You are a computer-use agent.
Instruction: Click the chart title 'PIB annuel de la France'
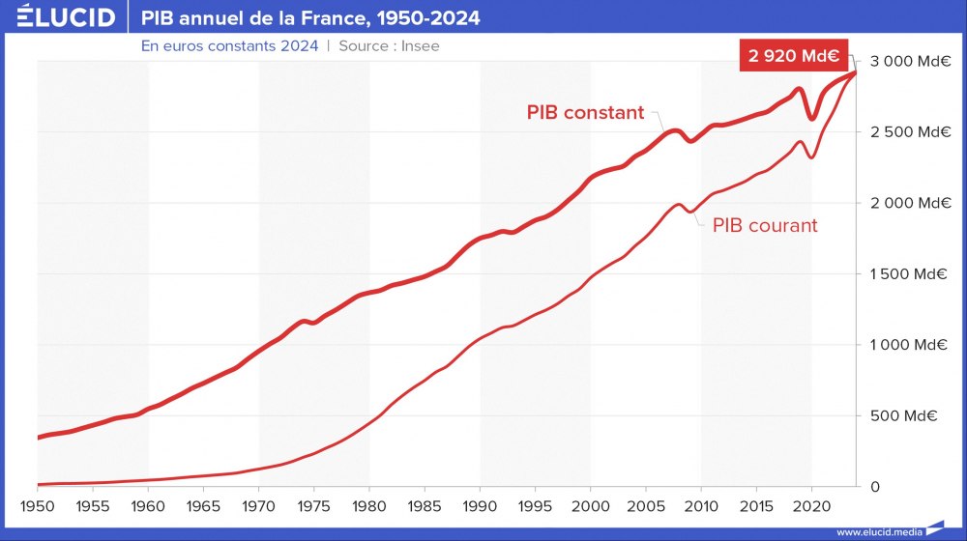click(309, 18)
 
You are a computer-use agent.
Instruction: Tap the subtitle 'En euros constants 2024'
click(229, 45)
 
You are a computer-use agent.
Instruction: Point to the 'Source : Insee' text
click(389, 45)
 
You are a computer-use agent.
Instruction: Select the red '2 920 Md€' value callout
click(792, 55)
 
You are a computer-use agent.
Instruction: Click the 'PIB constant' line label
click(585, 112)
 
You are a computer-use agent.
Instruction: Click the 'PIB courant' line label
click(765, 225)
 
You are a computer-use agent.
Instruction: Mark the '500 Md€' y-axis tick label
click(917, 415)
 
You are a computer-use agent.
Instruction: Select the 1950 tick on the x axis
click(37, 505)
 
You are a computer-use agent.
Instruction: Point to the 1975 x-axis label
click(313, 505)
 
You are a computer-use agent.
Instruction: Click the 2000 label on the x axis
click(590, 505)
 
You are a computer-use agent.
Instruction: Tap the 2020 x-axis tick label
click(811, 505)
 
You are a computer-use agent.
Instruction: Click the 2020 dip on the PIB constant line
click(812, 119)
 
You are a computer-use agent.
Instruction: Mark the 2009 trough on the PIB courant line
click(690, 212)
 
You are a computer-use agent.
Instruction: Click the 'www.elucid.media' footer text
click(878, 531)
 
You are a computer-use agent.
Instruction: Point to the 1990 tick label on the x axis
click(480, 505)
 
